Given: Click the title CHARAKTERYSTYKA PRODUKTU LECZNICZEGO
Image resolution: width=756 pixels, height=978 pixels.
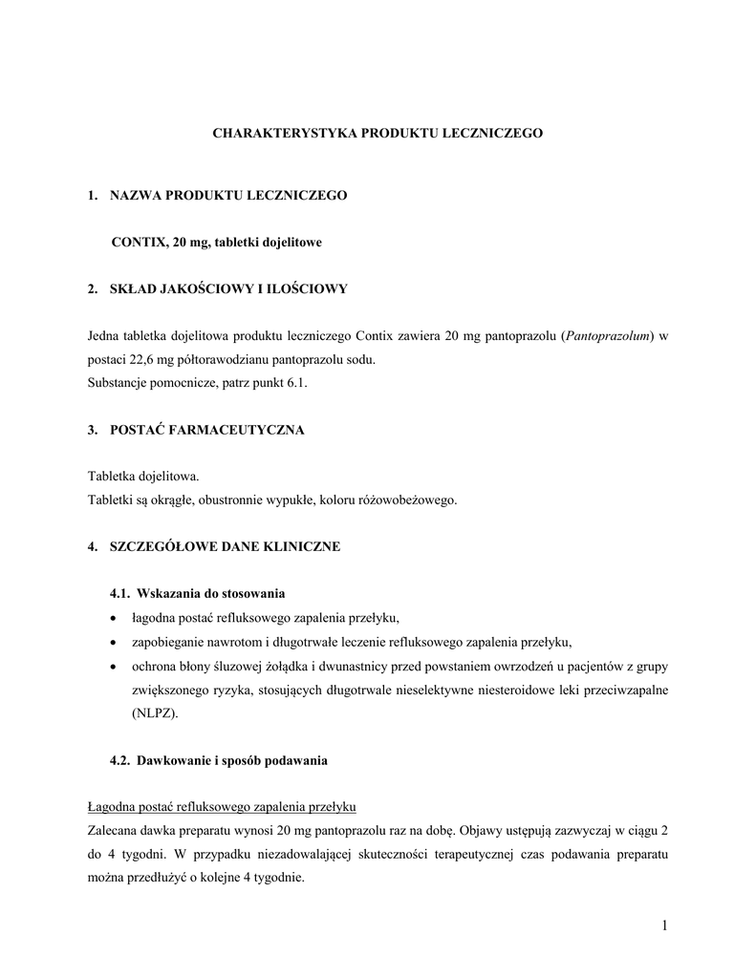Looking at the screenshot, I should (x=377, y=134).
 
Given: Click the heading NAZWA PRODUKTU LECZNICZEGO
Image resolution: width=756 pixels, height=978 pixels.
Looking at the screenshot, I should (x=229, y=196).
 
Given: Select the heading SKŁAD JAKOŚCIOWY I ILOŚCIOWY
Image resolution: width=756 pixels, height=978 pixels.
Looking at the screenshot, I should (x=229, y=289).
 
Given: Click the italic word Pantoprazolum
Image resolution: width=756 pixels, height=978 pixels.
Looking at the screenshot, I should (x=608, y=336).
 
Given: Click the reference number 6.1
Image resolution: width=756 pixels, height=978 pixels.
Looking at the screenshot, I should (x=299, y=383).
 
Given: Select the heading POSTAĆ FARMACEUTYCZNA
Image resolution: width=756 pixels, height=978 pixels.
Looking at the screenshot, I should (x=208, y=430).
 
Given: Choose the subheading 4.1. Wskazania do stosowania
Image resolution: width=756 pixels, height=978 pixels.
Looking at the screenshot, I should (x=198, y=594).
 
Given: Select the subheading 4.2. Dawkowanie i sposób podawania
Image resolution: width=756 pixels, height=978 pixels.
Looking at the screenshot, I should (x=219, y=761).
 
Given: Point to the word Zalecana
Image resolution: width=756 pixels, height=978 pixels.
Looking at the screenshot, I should (x=113, y=831).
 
